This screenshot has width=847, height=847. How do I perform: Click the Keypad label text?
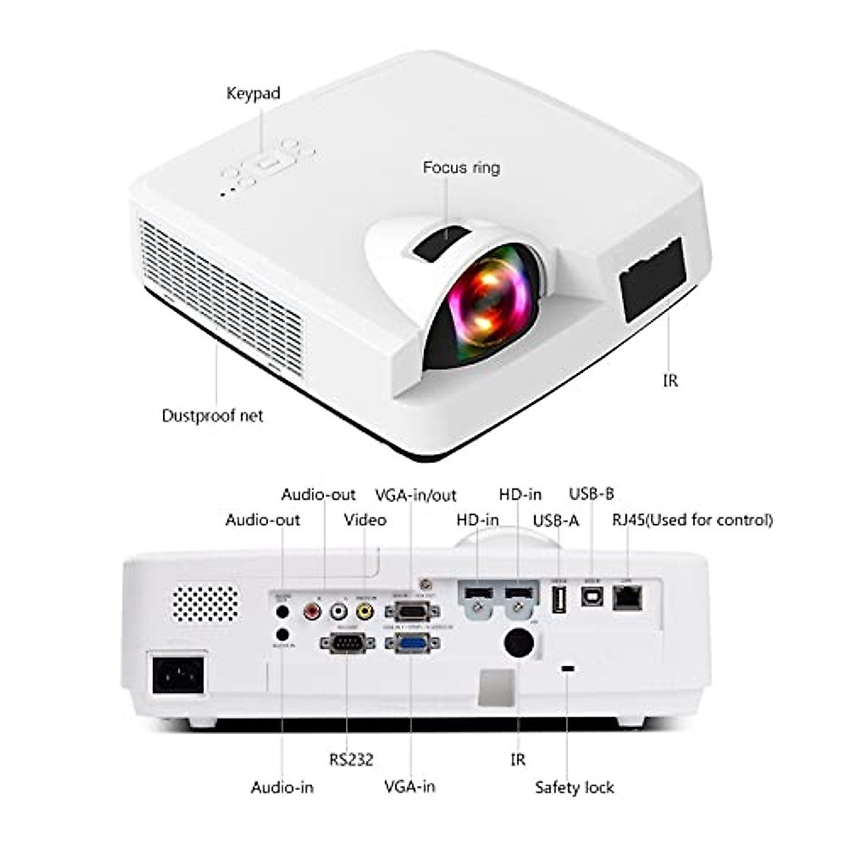[253, 93]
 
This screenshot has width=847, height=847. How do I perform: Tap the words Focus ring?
[461, 168]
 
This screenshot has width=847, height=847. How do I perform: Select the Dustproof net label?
[212, 416]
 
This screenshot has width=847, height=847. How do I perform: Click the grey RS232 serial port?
[347, 642]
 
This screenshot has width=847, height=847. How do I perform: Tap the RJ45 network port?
[627, 599]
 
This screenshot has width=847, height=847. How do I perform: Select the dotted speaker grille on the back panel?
[206, 603]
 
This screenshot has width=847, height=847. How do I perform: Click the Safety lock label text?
[574, 788]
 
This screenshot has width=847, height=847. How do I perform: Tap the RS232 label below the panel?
[351, 759]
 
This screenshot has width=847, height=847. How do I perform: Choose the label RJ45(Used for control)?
[692, 520]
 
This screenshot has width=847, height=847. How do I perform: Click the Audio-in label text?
[282, 788]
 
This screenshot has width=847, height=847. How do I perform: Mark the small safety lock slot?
[567, 668]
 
